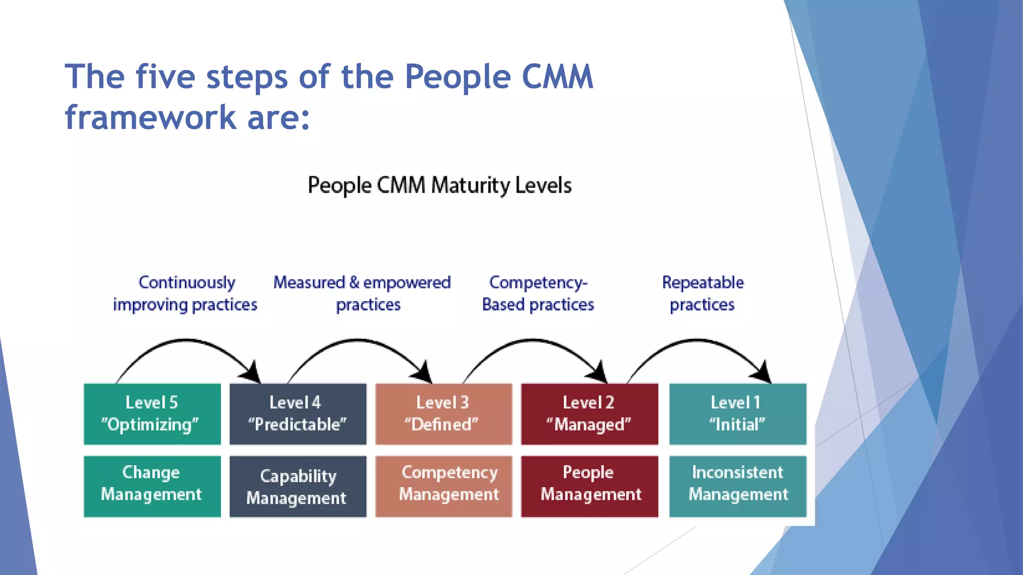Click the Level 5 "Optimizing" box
point(152,414)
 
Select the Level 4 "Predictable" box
point(298,414)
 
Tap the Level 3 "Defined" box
point(444,414)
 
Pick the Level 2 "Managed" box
point(589,414)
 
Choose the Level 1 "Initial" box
point(737,414)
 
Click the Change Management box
point(152,486)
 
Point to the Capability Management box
point(298,486)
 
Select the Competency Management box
point(444,486)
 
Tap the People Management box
point(589,486)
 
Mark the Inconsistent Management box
point(737,486)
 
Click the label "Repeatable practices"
point(702,293)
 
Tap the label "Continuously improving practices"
point(185,293)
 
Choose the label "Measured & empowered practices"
point(363,293)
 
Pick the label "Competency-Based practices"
point(538,293)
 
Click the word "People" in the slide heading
point(458,77)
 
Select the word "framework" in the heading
point(150,118)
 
